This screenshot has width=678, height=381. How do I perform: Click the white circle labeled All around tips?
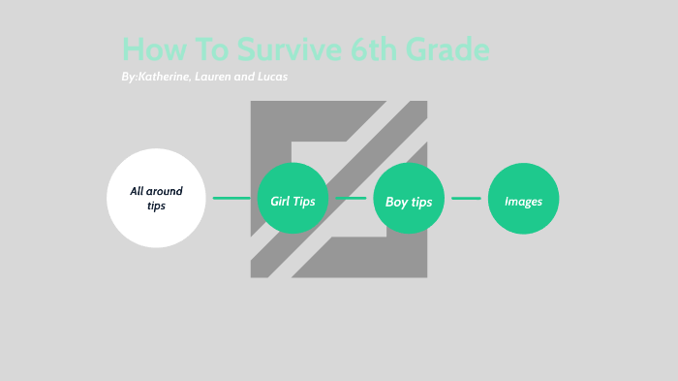pos(156,198)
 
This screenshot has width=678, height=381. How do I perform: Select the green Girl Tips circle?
pos(293,199)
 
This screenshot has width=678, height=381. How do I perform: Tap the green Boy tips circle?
pos(409,199)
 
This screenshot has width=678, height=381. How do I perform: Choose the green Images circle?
pos(523,199)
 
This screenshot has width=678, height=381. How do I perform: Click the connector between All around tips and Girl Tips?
pos(231,199)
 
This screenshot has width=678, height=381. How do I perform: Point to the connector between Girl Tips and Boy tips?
pos(351,199)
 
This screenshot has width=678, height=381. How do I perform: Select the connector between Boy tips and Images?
pos(466,199)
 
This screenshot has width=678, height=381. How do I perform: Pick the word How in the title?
pos(151,49)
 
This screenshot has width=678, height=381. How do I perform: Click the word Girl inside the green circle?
pos(281,201)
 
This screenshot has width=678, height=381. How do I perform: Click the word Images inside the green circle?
pos(523,202)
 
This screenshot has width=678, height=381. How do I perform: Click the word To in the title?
pos(215,49)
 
